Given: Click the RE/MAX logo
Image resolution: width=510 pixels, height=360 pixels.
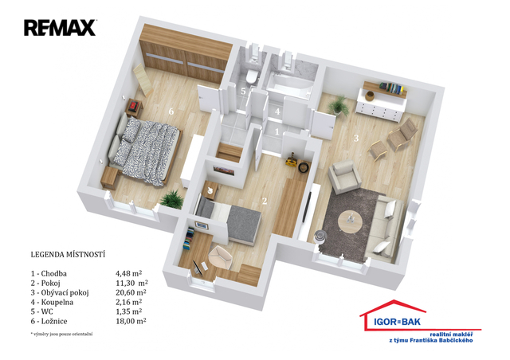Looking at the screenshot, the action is pyautogui.click(x=61, y=28).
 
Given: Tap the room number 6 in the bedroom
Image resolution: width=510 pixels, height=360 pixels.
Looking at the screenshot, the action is pyautogui.click(x=171, y=112).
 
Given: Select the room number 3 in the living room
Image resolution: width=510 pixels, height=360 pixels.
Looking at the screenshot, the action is pyautogui.click(x=356, y=139).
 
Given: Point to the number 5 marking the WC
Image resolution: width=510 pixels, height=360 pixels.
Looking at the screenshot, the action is pyautogui.click(x=243, y=91).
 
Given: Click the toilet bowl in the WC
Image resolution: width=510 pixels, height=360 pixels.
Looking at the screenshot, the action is pyautogui.click(x=252, y=76).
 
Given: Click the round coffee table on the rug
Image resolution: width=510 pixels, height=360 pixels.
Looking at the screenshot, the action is pyautogui.click(x=350, y=221).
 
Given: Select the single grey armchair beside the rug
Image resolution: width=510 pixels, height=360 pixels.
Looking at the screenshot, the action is pyautogui.click(x=344, y=176).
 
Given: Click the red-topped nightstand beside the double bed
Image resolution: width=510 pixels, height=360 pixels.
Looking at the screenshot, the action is pyautogui.click(x=135, y=108).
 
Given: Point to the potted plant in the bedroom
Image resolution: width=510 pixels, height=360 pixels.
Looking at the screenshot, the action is pyautogui.click(x=172, y=199).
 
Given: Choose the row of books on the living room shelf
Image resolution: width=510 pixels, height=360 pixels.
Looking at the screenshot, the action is pyautogui.click(x=391, y=88).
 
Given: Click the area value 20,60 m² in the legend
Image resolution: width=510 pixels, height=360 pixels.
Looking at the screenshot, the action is pyautogui.click(x=131, y=292).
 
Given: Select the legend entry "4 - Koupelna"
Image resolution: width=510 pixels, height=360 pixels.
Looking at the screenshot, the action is pyautogui.click(x=52, y=302).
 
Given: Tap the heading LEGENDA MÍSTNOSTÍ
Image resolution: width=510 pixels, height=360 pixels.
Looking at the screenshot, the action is pyautogui.click(x=68, y=254).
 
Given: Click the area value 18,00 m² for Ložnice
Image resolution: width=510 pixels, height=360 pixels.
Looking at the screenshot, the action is pyautogui.click(x=131, y=321).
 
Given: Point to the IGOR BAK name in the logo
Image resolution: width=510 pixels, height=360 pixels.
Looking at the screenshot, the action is pyautogui.click(x=397, y=322).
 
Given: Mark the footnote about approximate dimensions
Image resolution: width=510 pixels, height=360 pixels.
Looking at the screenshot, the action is pyautogui.click(x=61, y=334).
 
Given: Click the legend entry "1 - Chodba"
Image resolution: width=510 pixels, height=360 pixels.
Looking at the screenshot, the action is pyautogui.click(x=49, y=273).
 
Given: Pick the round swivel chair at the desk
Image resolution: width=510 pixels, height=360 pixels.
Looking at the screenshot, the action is pyautogui.click(x=221, y=257).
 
